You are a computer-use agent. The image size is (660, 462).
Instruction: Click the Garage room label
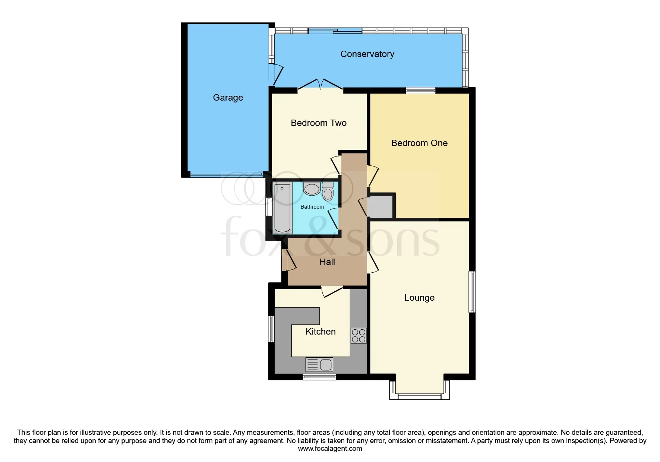[x=228, y=98]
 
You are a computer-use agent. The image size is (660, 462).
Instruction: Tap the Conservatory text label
[x=367, y=54]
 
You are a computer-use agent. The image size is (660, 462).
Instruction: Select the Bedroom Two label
[x=318, y=123]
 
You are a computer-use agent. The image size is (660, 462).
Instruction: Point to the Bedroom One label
[x=419, y=143]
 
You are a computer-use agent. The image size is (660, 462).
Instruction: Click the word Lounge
[x=419, y=298]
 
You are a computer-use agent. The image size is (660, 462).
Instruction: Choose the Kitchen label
[x=320, y=332]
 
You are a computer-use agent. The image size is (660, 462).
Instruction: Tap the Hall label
[x=327, y=262]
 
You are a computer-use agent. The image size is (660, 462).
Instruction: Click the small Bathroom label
[x=312, y=207]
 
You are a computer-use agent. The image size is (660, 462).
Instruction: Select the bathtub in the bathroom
[x=282, y=208]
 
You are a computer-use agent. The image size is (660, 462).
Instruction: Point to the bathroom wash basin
[x=312, y=189]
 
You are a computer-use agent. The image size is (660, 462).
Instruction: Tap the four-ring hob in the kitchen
[x=358, y=336]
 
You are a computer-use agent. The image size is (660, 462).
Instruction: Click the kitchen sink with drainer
[x=319, y=364]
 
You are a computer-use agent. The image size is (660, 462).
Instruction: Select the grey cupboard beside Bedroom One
[x=380, y=206]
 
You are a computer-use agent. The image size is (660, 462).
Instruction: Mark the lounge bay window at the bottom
[x=419, y=396]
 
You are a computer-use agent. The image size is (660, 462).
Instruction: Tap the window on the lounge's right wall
[x=472, y=292]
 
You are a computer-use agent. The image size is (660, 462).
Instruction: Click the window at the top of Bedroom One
[x=420, y=90]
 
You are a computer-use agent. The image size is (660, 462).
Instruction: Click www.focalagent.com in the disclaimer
[x=330, y=449]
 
